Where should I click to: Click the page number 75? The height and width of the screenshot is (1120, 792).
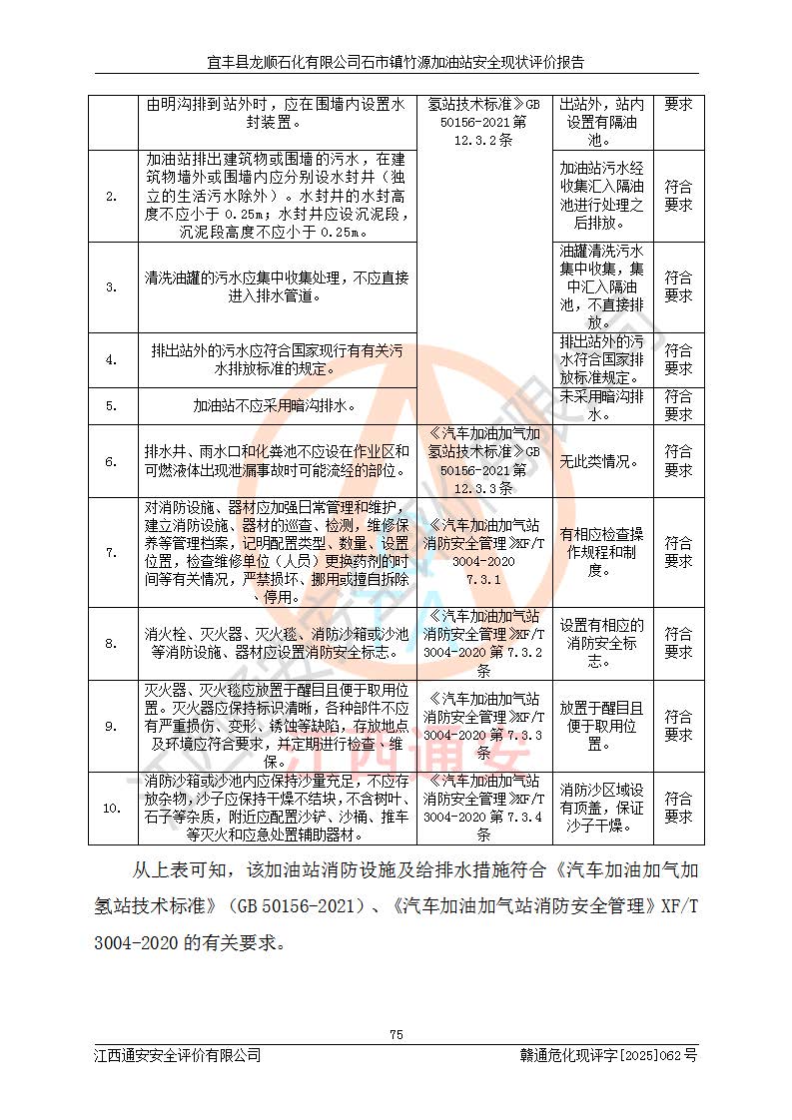point(396,1034)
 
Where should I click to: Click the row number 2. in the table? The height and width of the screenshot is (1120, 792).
point(111,197)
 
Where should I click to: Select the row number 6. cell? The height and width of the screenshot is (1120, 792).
point(111,462)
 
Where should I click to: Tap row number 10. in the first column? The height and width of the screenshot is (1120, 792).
point(111,808)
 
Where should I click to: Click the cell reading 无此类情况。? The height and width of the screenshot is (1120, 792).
point(600,462)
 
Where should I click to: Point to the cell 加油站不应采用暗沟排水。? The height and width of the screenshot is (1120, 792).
point(276,406)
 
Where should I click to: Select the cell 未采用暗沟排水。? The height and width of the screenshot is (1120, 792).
point(600,405)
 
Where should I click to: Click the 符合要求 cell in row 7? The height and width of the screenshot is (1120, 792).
point(678,552)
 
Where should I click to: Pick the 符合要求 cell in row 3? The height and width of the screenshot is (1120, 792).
point(678,286)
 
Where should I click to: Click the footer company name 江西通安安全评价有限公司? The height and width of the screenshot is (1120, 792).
point(178,1054)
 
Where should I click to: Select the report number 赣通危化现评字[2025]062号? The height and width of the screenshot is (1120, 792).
point(608,1054)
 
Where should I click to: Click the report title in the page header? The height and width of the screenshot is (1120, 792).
point(396,62)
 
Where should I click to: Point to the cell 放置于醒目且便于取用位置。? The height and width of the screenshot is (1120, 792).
point(600,726)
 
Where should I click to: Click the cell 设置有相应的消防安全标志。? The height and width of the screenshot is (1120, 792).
point(600,643)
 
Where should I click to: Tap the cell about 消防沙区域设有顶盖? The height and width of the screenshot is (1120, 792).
point(600,808)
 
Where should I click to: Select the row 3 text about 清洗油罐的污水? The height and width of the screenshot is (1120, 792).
point(276,286)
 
